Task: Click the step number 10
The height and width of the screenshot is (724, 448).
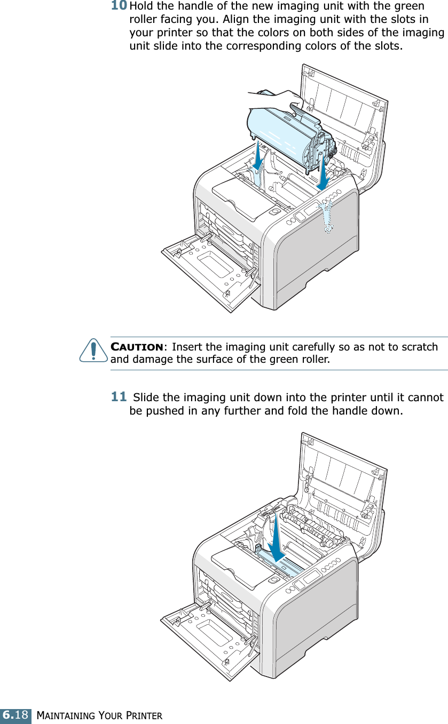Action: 119,6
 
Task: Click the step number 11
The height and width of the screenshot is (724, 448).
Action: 119,396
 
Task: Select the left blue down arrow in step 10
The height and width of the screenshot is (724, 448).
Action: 258,158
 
